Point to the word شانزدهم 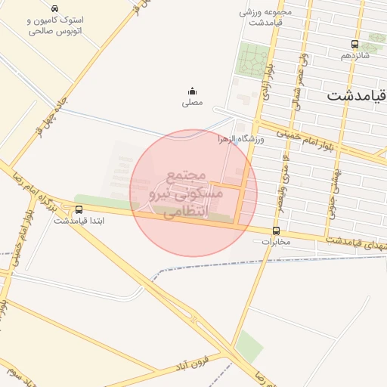coord(354,56)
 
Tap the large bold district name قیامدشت coord(356,96)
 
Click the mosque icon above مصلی coord(191,90)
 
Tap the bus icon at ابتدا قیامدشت coord(78,209)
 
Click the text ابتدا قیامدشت coord(78,221)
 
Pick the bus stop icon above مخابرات coord(275,231)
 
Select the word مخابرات coord(275,242)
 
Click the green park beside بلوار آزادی coord(253,60)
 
